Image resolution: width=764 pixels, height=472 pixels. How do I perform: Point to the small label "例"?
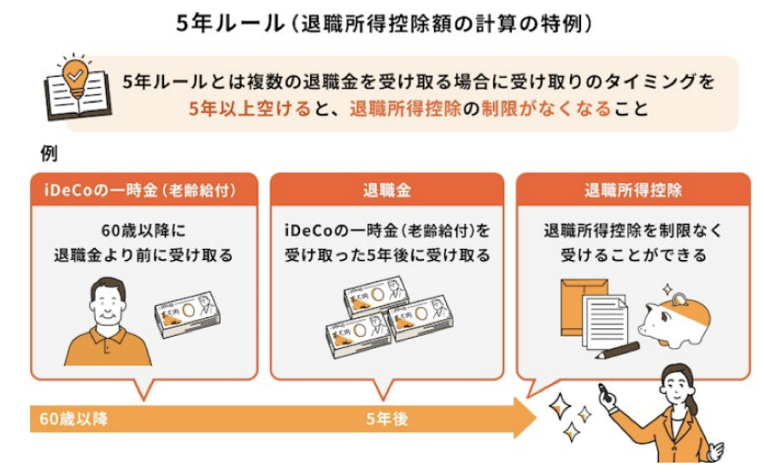tap(50, 154)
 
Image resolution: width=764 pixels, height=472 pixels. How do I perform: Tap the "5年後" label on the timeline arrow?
tap(386, 419)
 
